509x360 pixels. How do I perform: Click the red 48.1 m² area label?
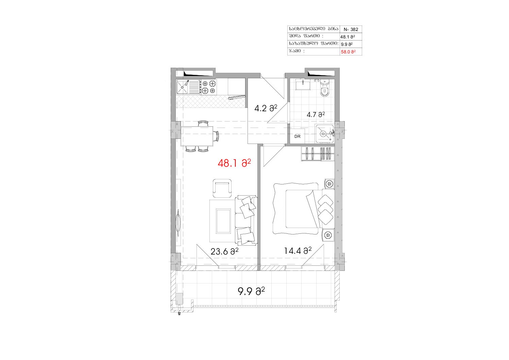coord(234,163)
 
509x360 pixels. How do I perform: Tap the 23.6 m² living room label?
coord(224,251)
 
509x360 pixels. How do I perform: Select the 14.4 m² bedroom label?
coord(298,251)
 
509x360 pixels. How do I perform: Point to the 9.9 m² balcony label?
coord(251,291)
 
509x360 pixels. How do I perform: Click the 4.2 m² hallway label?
coord(266,108)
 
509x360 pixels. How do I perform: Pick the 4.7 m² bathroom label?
coord(316,115)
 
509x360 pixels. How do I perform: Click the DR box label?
coord(298,136)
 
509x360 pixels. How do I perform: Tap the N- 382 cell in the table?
coord(351,29)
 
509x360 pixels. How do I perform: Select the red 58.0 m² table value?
coord(349,52)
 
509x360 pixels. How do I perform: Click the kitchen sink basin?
coord(182,87)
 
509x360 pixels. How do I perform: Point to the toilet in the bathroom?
coord(324,89)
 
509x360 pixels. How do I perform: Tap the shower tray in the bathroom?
coord(324,134)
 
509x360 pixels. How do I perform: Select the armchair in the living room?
coord(222,188)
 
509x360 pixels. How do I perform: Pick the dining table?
coord(197,136)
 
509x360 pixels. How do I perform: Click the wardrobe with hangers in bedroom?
coord(318,154)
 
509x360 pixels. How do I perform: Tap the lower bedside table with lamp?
coord(328,235)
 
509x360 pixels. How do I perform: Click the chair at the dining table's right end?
coord(216,136)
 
